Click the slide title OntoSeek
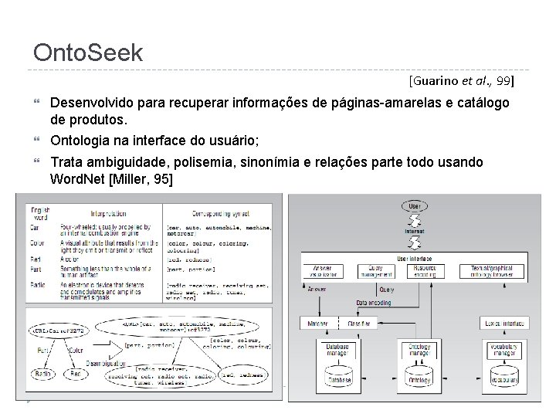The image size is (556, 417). coord(88,53)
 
